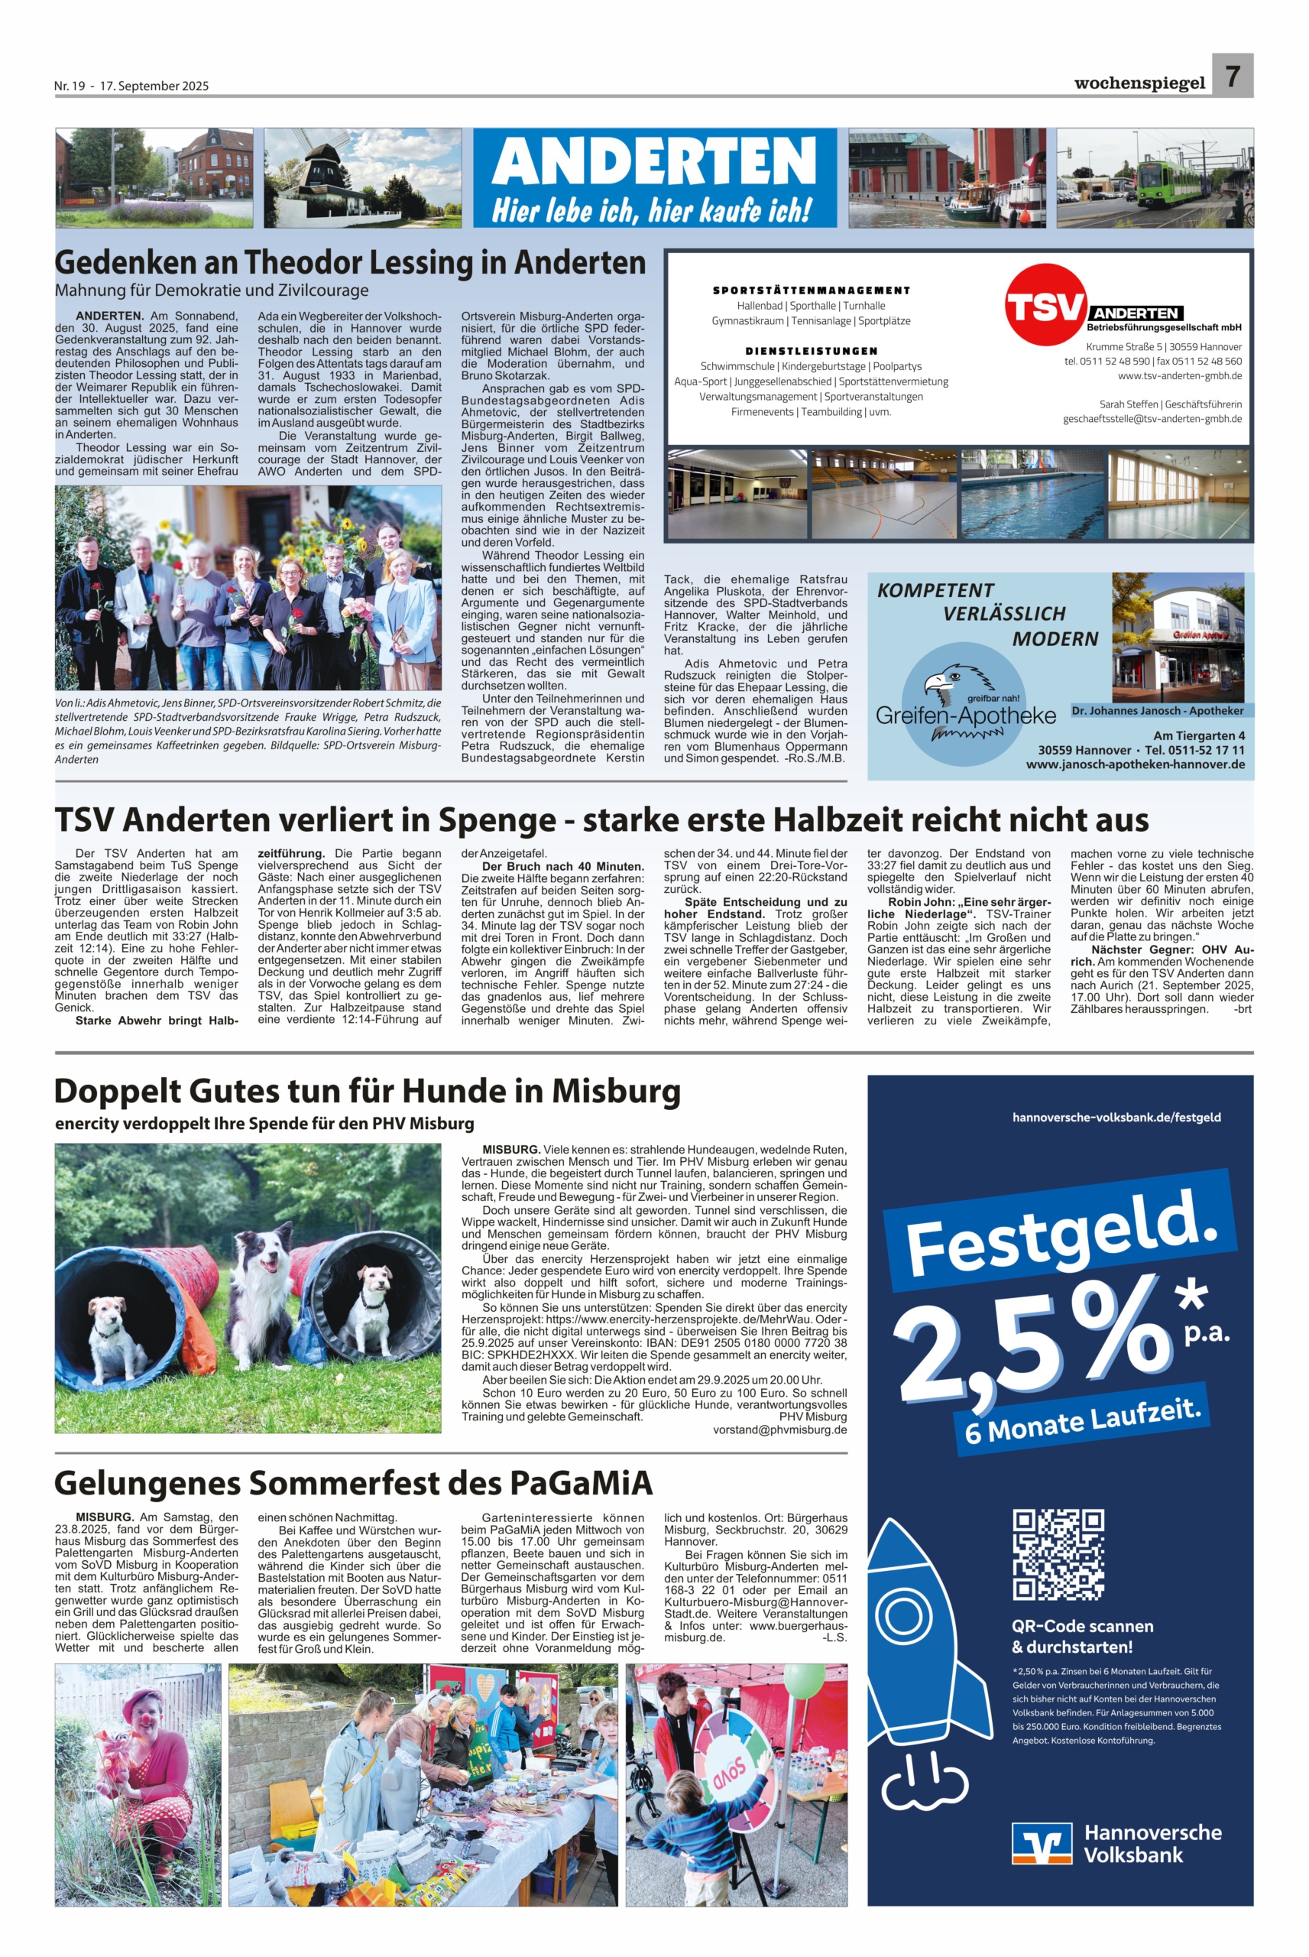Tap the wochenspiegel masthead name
pos(1139,83)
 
